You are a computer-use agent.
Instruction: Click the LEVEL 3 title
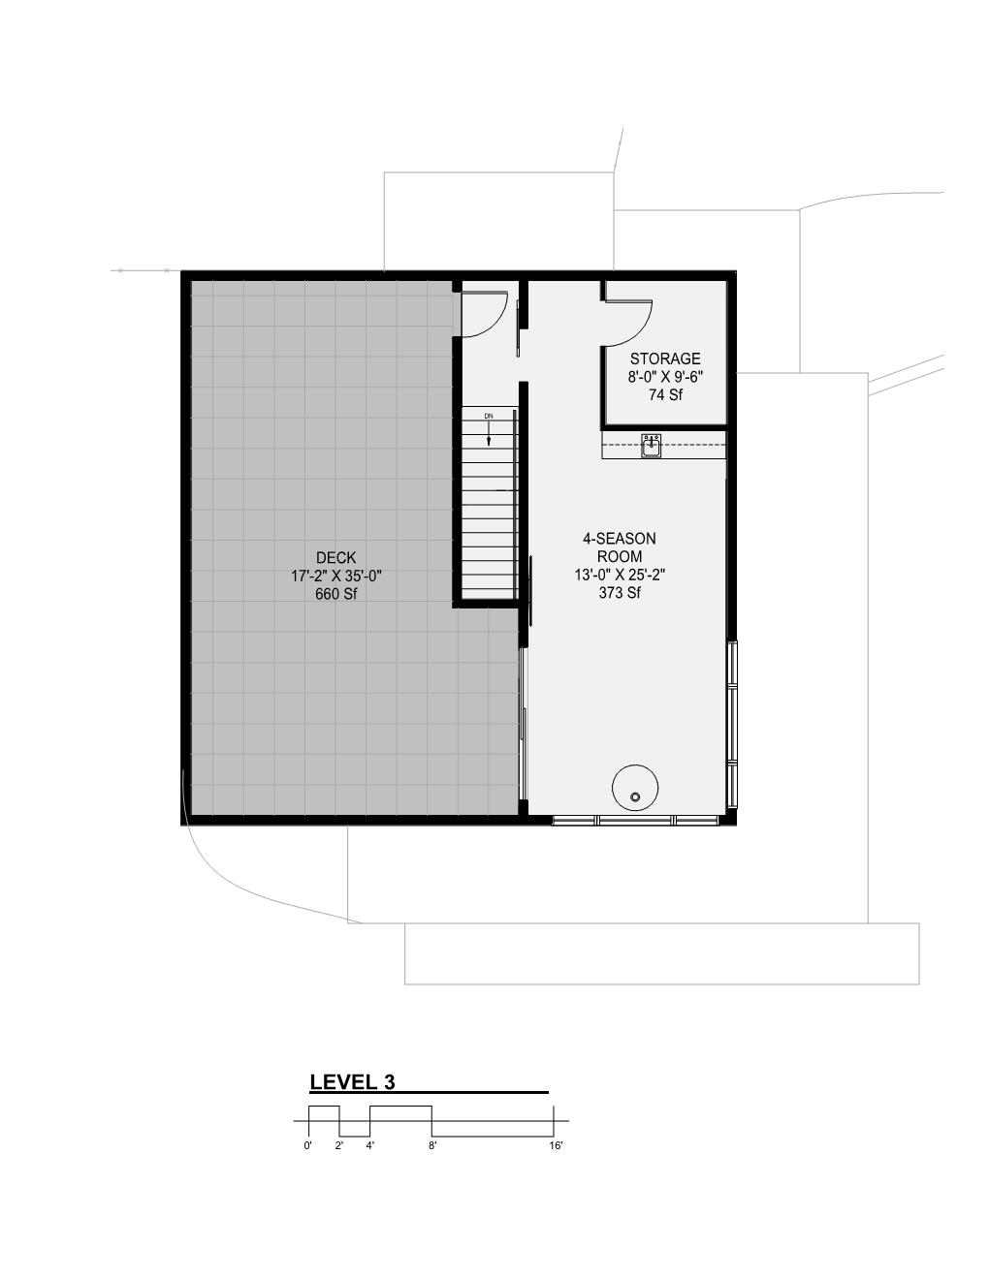(352, 1082)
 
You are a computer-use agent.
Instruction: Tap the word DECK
(335, 558)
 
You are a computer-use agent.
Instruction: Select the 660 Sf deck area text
(335, 594)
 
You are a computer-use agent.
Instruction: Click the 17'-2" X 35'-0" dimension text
(335, 577)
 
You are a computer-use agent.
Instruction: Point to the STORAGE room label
(664, 359)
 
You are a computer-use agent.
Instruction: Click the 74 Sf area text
(664, 394)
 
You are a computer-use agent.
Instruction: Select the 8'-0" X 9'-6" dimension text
(664, 377)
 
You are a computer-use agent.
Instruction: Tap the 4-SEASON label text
(619, 538)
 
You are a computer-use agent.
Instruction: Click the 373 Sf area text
(619, 592)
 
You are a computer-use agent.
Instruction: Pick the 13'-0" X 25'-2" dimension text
(619, 575)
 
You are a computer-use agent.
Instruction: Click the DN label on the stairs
(489, 416)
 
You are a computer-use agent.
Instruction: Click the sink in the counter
(651, 446)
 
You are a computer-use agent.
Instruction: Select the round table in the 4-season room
(635, 786)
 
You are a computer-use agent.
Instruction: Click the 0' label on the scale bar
(307, 1145)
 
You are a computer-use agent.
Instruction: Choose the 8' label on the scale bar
(432, 1145)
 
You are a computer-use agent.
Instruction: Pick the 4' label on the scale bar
(370, 1145)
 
